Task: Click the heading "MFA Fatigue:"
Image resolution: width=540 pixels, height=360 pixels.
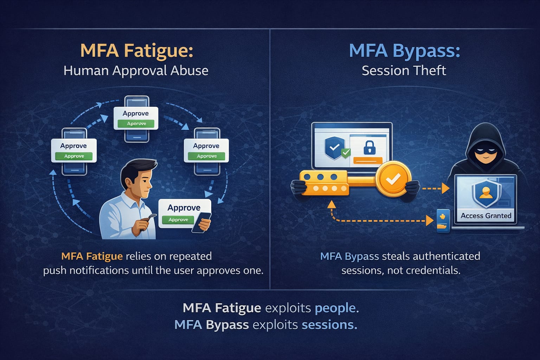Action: point(137,51)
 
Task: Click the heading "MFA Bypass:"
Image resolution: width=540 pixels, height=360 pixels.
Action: point(405,51)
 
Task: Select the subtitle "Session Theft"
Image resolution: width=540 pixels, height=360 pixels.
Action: point(404,71)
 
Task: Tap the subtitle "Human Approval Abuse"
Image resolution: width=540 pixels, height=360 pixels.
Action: point(136,71)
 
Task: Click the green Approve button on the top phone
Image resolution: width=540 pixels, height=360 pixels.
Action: point(136,123)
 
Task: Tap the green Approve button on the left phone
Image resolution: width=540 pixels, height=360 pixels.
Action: point(74,156)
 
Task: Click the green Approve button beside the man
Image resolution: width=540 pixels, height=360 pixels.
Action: point(178,220)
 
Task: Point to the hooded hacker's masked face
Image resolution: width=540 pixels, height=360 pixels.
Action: point(485,154)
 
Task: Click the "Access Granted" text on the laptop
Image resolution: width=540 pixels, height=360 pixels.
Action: point(486,216)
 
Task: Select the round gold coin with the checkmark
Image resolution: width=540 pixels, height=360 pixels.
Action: point(393,179)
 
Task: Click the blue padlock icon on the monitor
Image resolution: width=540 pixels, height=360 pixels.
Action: point(369,148)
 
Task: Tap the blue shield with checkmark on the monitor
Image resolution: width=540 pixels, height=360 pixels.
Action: point(335,147)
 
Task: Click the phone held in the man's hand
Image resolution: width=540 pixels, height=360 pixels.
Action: point(201,222)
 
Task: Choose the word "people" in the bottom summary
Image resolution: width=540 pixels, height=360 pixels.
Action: point(335,308)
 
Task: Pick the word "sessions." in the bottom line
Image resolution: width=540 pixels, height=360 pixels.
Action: point(329,325)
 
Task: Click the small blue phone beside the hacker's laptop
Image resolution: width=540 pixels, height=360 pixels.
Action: point(443,221)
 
